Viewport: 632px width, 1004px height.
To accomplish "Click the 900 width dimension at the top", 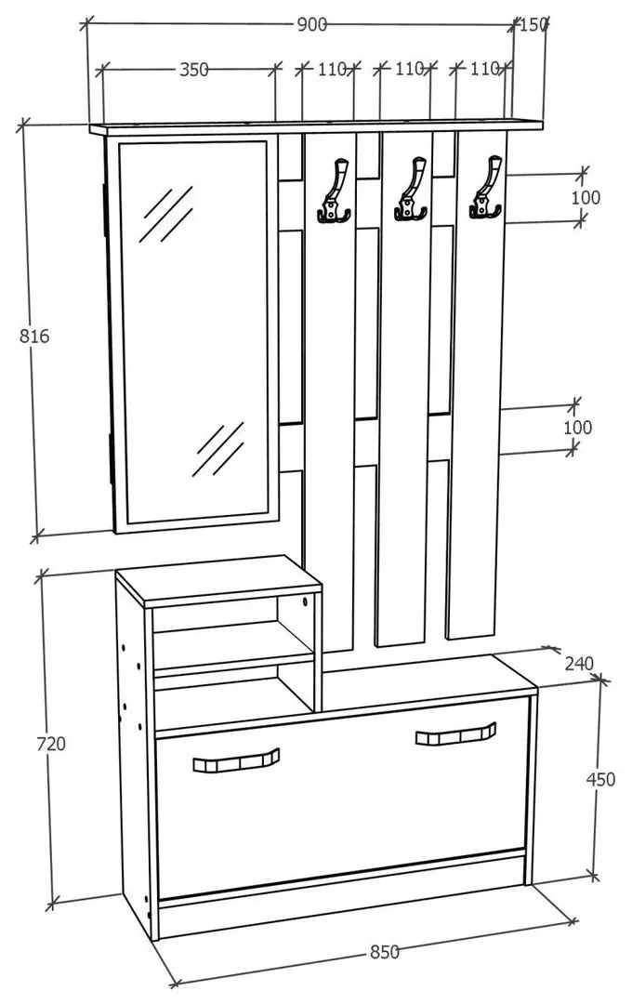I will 312,25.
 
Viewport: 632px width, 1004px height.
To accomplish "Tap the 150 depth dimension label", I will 534,25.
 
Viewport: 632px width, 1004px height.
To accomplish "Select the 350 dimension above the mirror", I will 194,70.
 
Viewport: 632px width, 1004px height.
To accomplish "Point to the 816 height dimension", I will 34,337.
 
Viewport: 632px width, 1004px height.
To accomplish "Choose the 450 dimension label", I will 600,779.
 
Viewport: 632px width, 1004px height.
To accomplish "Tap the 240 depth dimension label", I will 578,664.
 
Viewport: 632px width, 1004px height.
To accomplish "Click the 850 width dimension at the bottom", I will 385,951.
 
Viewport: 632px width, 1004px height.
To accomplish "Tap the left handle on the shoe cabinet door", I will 237,762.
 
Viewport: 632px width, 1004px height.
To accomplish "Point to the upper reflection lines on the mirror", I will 165,213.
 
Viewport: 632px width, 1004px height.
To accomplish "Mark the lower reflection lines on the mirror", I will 218,450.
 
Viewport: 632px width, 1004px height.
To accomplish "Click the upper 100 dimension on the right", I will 586,197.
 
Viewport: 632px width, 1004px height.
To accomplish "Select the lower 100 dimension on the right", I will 577,428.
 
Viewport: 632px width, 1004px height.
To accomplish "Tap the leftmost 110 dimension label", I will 332,69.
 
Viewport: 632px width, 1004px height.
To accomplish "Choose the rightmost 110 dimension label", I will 484,69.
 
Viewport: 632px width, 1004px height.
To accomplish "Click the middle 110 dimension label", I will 409,69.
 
